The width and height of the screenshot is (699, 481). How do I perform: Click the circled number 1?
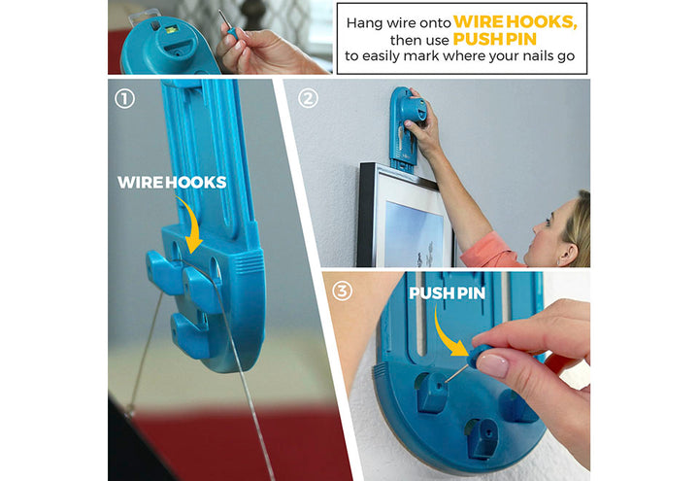[x=124, y=99]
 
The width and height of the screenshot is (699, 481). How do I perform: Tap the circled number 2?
[x=308, y=98]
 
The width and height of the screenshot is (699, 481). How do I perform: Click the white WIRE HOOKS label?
[x=172, y=182]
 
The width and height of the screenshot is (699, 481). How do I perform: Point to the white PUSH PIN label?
[x=448, y=293]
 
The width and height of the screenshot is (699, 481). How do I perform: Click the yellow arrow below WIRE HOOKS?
[x=191, y=225]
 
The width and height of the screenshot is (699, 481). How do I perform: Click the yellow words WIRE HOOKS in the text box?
[x=516, y=21]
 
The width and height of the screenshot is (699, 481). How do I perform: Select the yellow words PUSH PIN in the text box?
[x=494, y=39]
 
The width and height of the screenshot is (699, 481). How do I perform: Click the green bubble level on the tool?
[x=171, y=30]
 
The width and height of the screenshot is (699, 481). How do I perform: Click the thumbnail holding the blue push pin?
[x=492, y=365]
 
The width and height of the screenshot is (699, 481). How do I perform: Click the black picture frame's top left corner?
[x=361, y=164]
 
